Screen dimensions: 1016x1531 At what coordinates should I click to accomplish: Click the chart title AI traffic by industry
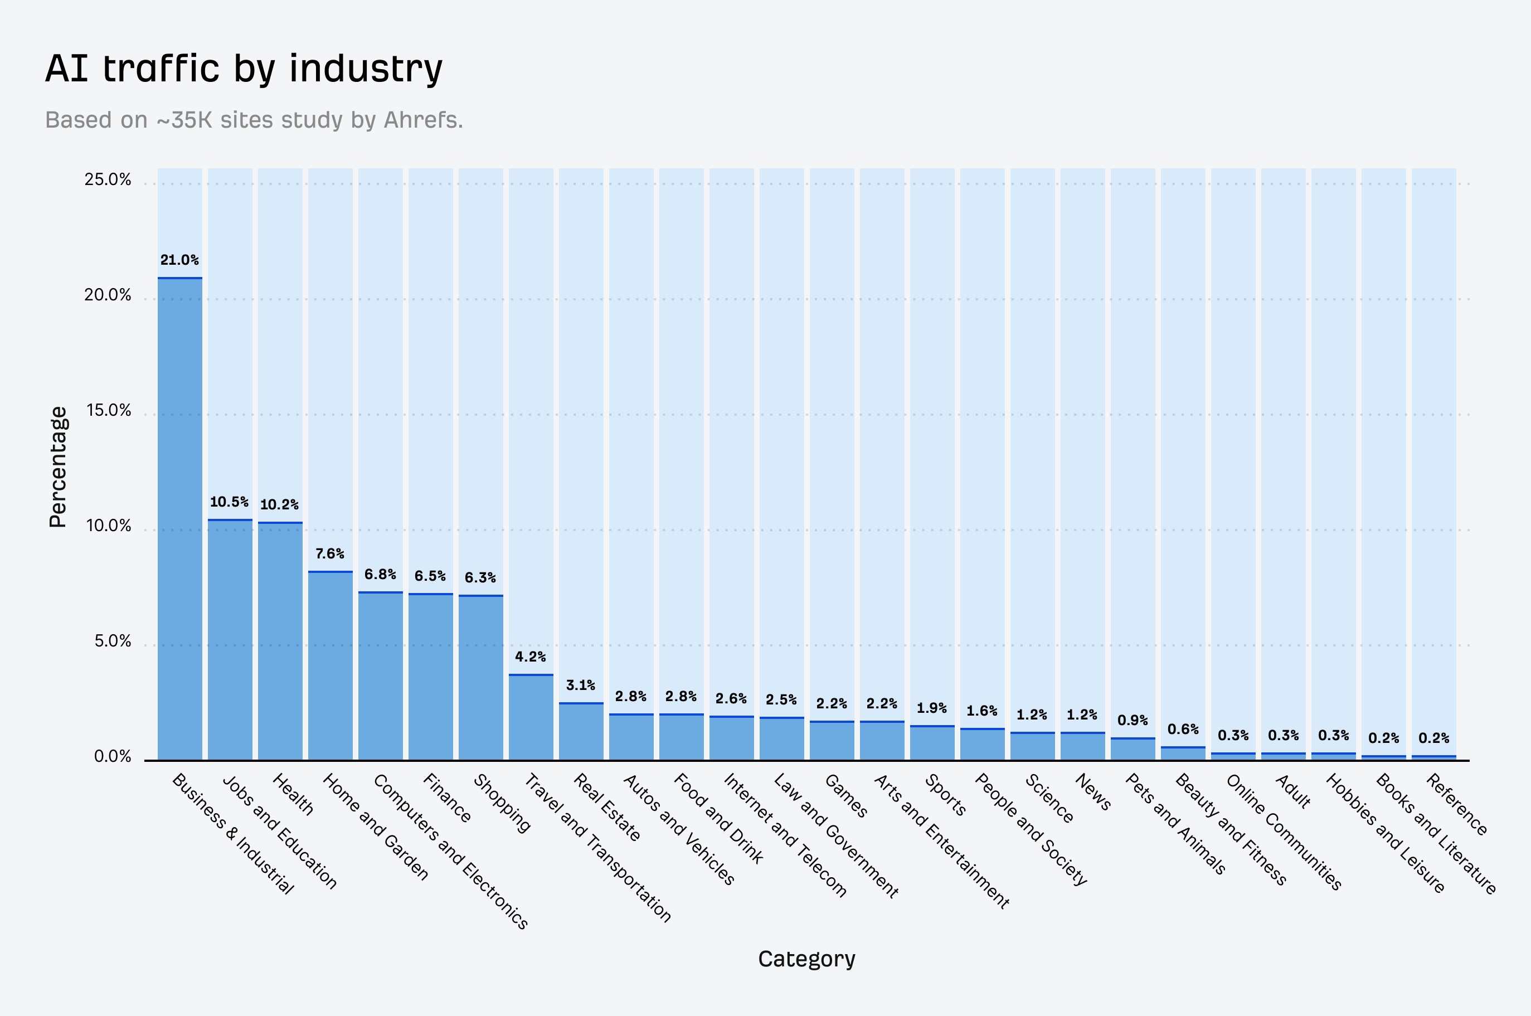244,69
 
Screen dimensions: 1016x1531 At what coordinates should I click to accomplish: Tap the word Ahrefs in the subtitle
421,120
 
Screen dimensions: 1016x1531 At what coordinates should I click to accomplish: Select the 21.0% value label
179,260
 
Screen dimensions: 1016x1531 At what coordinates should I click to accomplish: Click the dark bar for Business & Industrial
179,518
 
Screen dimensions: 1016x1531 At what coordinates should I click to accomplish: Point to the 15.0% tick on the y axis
108,410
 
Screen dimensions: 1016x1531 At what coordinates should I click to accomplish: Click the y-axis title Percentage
57,466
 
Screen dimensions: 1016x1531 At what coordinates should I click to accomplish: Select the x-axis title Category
806,959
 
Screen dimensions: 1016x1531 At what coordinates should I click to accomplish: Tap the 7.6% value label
330,553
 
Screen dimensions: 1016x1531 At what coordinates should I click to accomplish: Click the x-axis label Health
293,794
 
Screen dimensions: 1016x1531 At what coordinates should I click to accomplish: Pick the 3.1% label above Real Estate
581,685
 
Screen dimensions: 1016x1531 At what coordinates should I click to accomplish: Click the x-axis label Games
845,795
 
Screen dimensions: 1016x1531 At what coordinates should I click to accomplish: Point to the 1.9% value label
931,708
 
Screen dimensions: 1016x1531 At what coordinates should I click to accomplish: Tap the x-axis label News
1093,792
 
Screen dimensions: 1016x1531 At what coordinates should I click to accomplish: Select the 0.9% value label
1132,720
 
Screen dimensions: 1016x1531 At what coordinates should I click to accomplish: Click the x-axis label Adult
1292,791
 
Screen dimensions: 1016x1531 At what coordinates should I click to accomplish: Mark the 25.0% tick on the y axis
108,179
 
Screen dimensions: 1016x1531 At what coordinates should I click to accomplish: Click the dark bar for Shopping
481,677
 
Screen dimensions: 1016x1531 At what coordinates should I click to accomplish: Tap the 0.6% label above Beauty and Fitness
1183,729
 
